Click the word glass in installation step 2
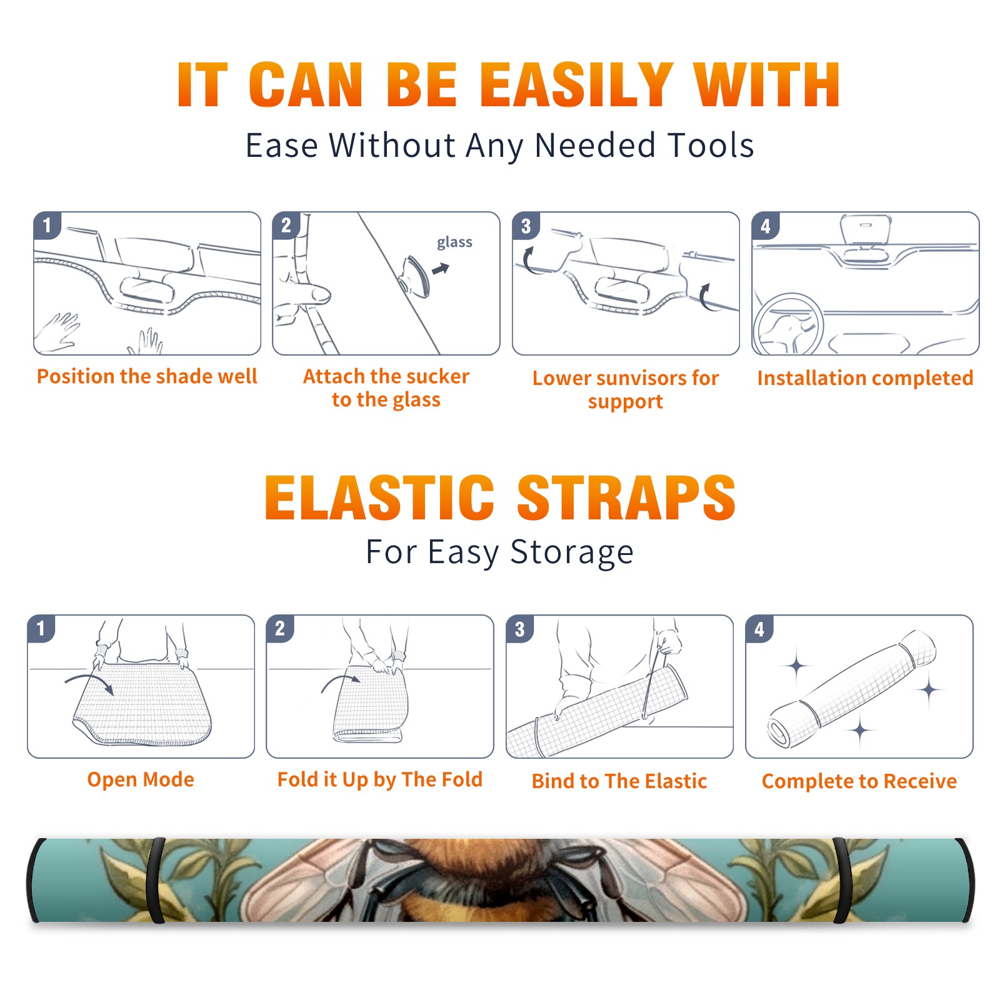coord(454,242)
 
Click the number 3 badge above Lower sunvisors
coord(526,226)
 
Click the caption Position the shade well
coord(147,376)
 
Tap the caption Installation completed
coord(865,378)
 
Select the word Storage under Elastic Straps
coord(572,552)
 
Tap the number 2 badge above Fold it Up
coord(280,628)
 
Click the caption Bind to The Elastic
coord(619,781)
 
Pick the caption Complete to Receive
coord(859,781)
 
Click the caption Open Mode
coord(141,779)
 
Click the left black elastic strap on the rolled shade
coord(155,880)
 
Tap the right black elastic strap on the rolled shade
coord(842,880)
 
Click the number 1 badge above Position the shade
coord(47,225)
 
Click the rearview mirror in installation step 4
coord(865,230)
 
